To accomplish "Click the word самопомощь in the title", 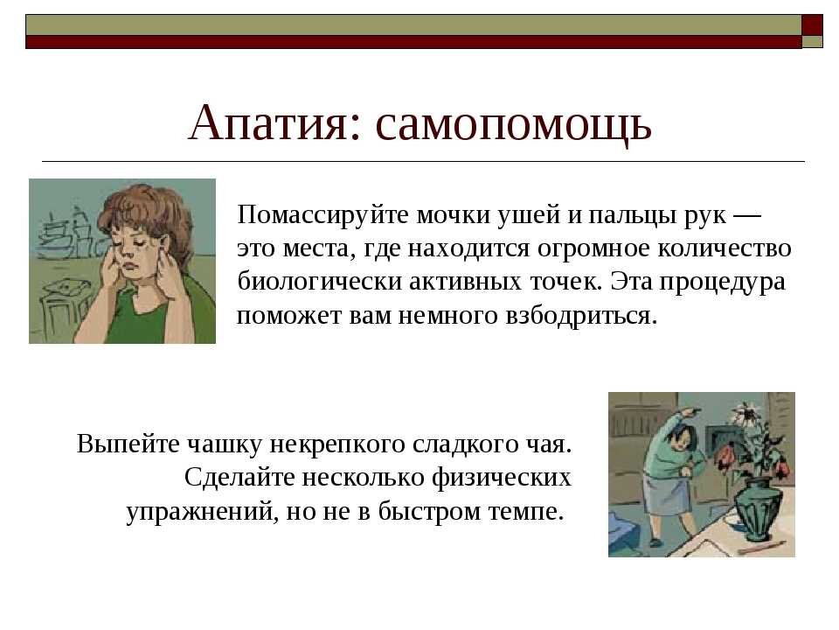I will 514,124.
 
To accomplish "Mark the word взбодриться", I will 581,315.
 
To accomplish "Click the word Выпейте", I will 128,444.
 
